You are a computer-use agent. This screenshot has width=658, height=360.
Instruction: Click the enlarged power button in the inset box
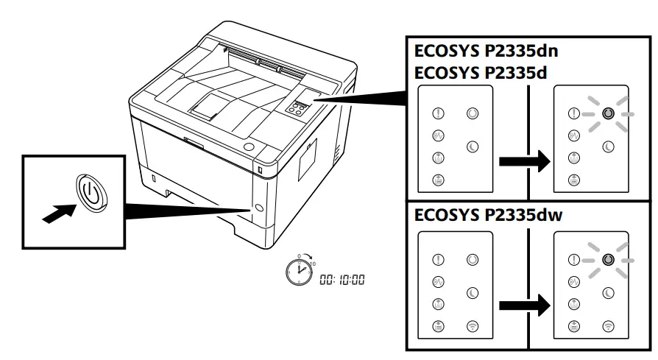(x=88, y=194)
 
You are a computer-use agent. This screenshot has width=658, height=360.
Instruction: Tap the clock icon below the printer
(x=298, y=272)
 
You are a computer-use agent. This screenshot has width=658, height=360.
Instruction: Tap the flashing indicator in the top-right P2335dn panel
(x=606, y=114)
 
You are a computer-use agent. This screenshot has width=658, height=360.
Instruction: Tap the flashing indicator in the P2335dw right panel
(x=606, y=260)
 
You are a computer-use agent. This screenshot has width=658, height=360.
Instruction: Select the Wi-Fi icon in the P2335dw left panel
(x=472, y=325)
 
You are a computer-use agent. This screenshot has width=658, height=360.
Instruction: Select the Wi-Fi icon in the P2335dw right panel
(x=608, y=325)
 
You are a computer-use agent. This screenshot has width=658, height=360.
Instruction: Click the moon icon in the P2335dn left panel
(x=472, y=147)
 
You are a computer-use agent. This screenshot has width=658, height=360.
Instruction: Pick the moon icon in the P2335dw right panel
(x=608, y=292)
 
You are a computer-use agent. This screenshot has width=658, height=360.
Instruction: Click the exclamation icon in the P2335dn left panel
(x=438, y=114)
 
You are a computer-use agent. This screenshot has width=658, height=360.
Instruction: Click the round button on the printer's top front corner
(x=249, y=148)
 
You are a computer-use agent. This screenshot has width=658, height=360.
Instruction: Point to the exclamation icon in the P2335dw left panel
(x=438, y=260)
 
